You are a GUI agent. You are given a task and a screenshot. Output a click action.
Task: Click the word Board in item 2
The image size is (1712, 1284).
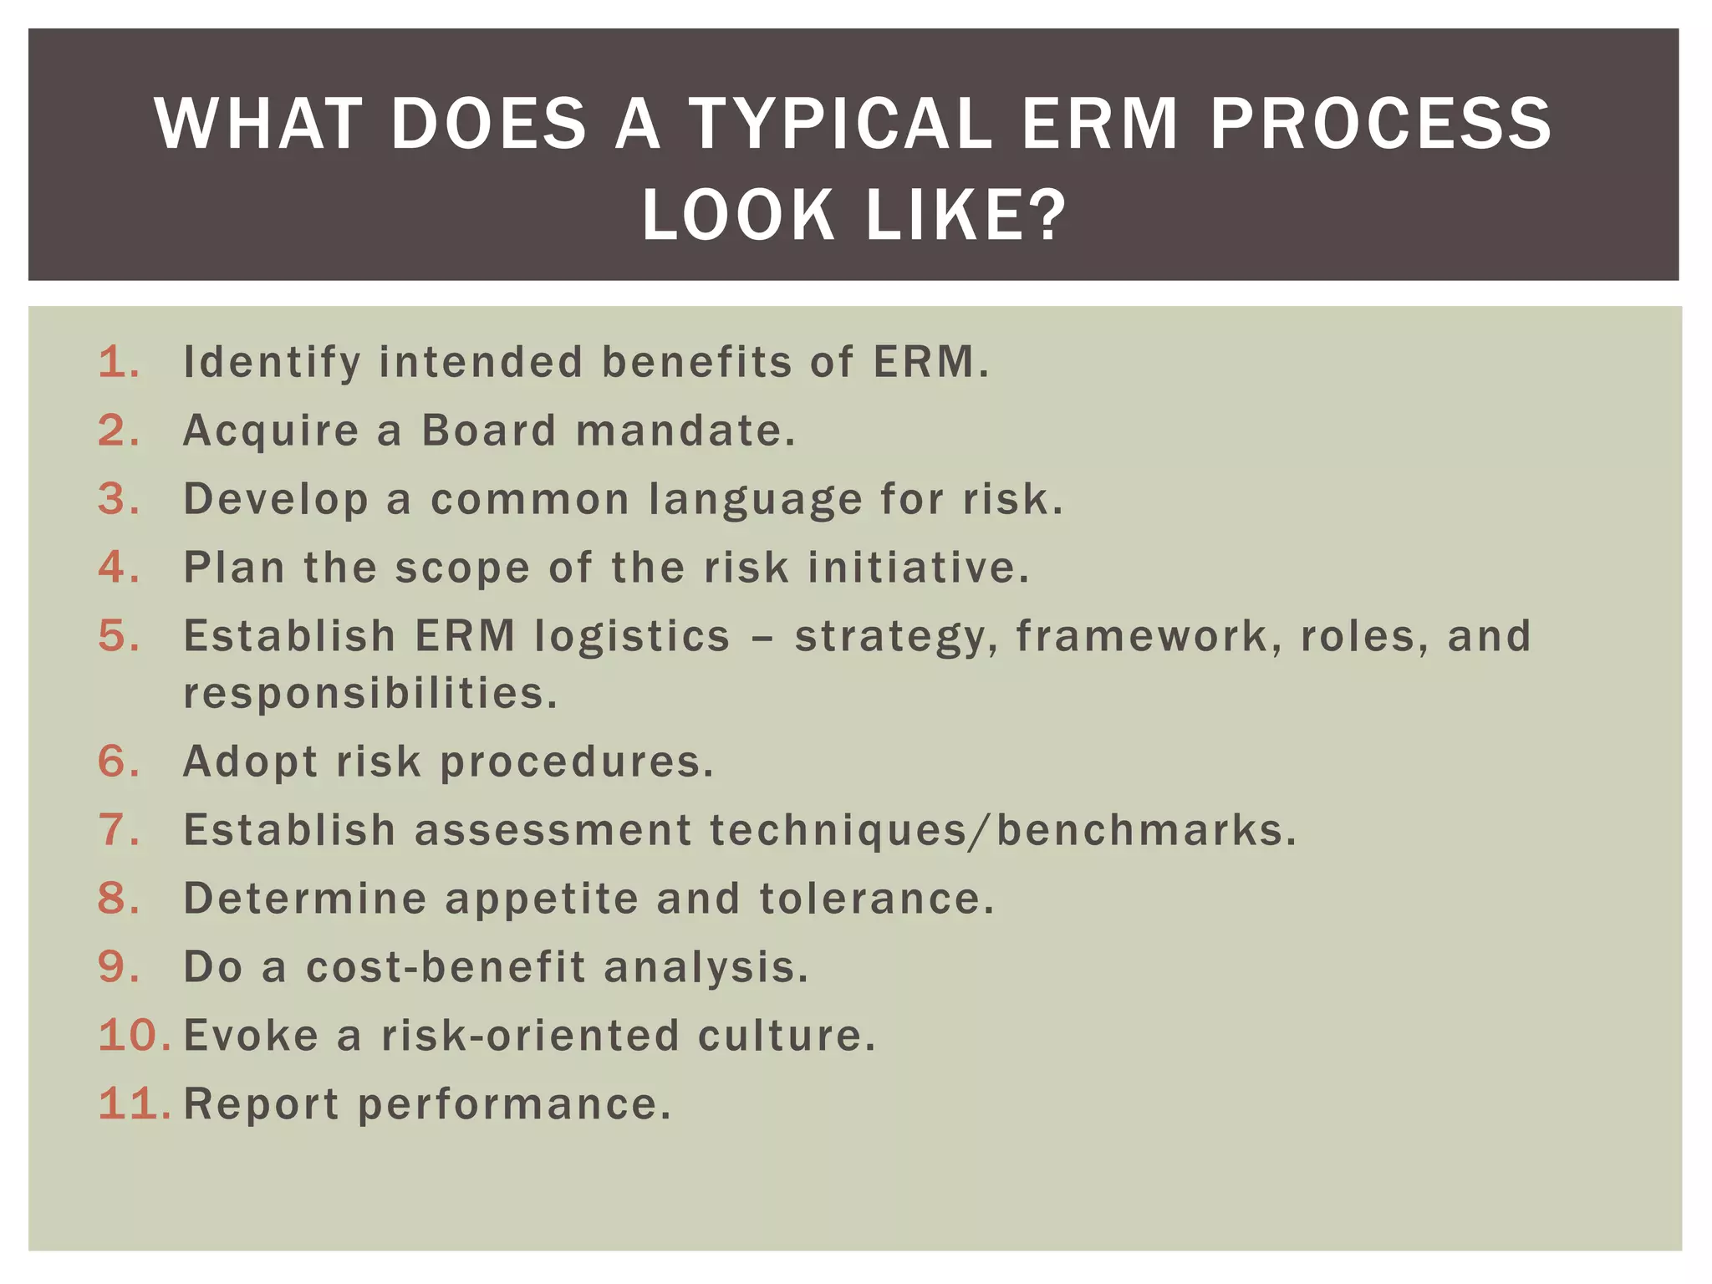489,431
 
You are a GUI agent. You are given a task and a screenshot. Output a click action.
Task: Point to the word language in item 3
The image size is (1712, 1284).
756,500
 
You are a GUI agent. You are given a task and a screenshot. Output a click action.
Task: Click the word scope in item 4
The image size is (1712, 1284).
462,568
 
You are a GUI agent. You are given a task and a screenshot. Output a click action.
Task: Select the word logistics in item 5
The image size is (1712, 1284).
632,636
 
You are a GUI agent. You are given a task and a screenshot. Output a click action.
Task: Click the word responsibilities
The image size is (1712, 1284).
369,694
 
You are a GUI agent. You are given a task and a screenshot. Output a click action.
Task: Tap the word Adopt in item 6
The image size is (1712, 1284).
250,762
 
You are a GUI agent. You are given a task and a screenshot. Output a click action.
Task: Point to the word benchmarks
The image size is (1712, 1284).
1145,830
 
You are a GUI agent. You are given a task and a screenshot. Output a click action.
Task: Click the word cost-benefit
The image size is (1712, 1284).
446,967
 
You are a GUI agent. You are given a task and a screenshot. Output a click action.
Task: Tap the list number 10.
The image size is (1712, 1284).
132,1036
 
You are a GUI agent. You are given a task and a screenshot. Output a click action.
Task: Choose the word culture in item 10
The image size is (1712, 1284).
786,1036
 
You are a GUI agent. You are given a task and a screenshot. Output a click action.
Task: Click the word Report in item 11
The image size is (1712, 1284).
261,1104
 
